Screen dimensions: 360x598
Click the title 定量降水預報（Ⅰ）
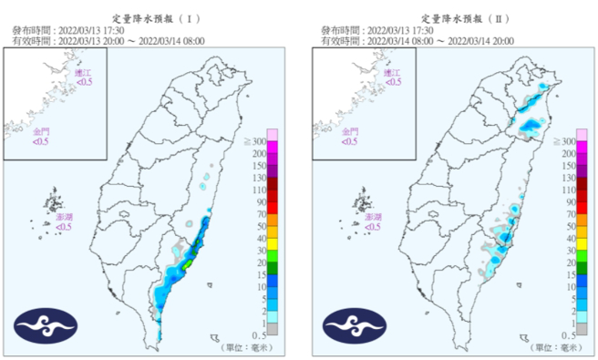[150, 17]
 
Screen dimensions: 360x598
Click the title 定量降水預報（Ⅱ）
[460, 17]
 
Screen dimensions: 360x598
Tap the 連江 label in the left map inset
[84, 76]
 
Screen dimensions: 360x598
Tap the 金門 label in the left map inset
[42, 135]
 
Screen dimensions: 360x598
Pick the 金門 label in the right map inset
[350, 135]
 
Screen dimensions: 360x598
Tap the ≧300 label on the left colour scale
[257, 143]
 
